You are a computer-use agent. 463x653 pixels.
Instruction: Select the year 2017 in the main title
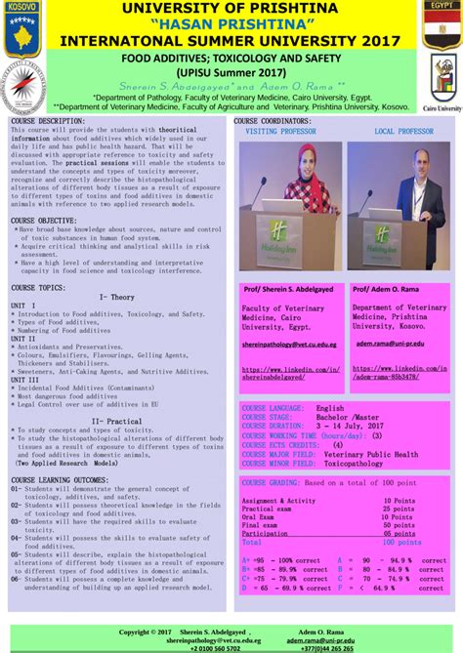(376, 40)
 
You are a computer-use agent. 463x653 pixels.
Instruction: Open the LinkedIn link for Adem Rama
(400, 372)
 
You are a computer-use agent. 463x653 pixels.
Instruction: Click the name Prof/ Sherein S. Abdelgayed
(290, 290)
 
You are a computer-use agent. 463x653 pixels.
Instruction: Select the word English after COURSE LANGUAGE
(329, 408)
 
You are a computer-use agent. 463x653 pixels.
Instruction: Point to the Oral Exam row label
(260, 516)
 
